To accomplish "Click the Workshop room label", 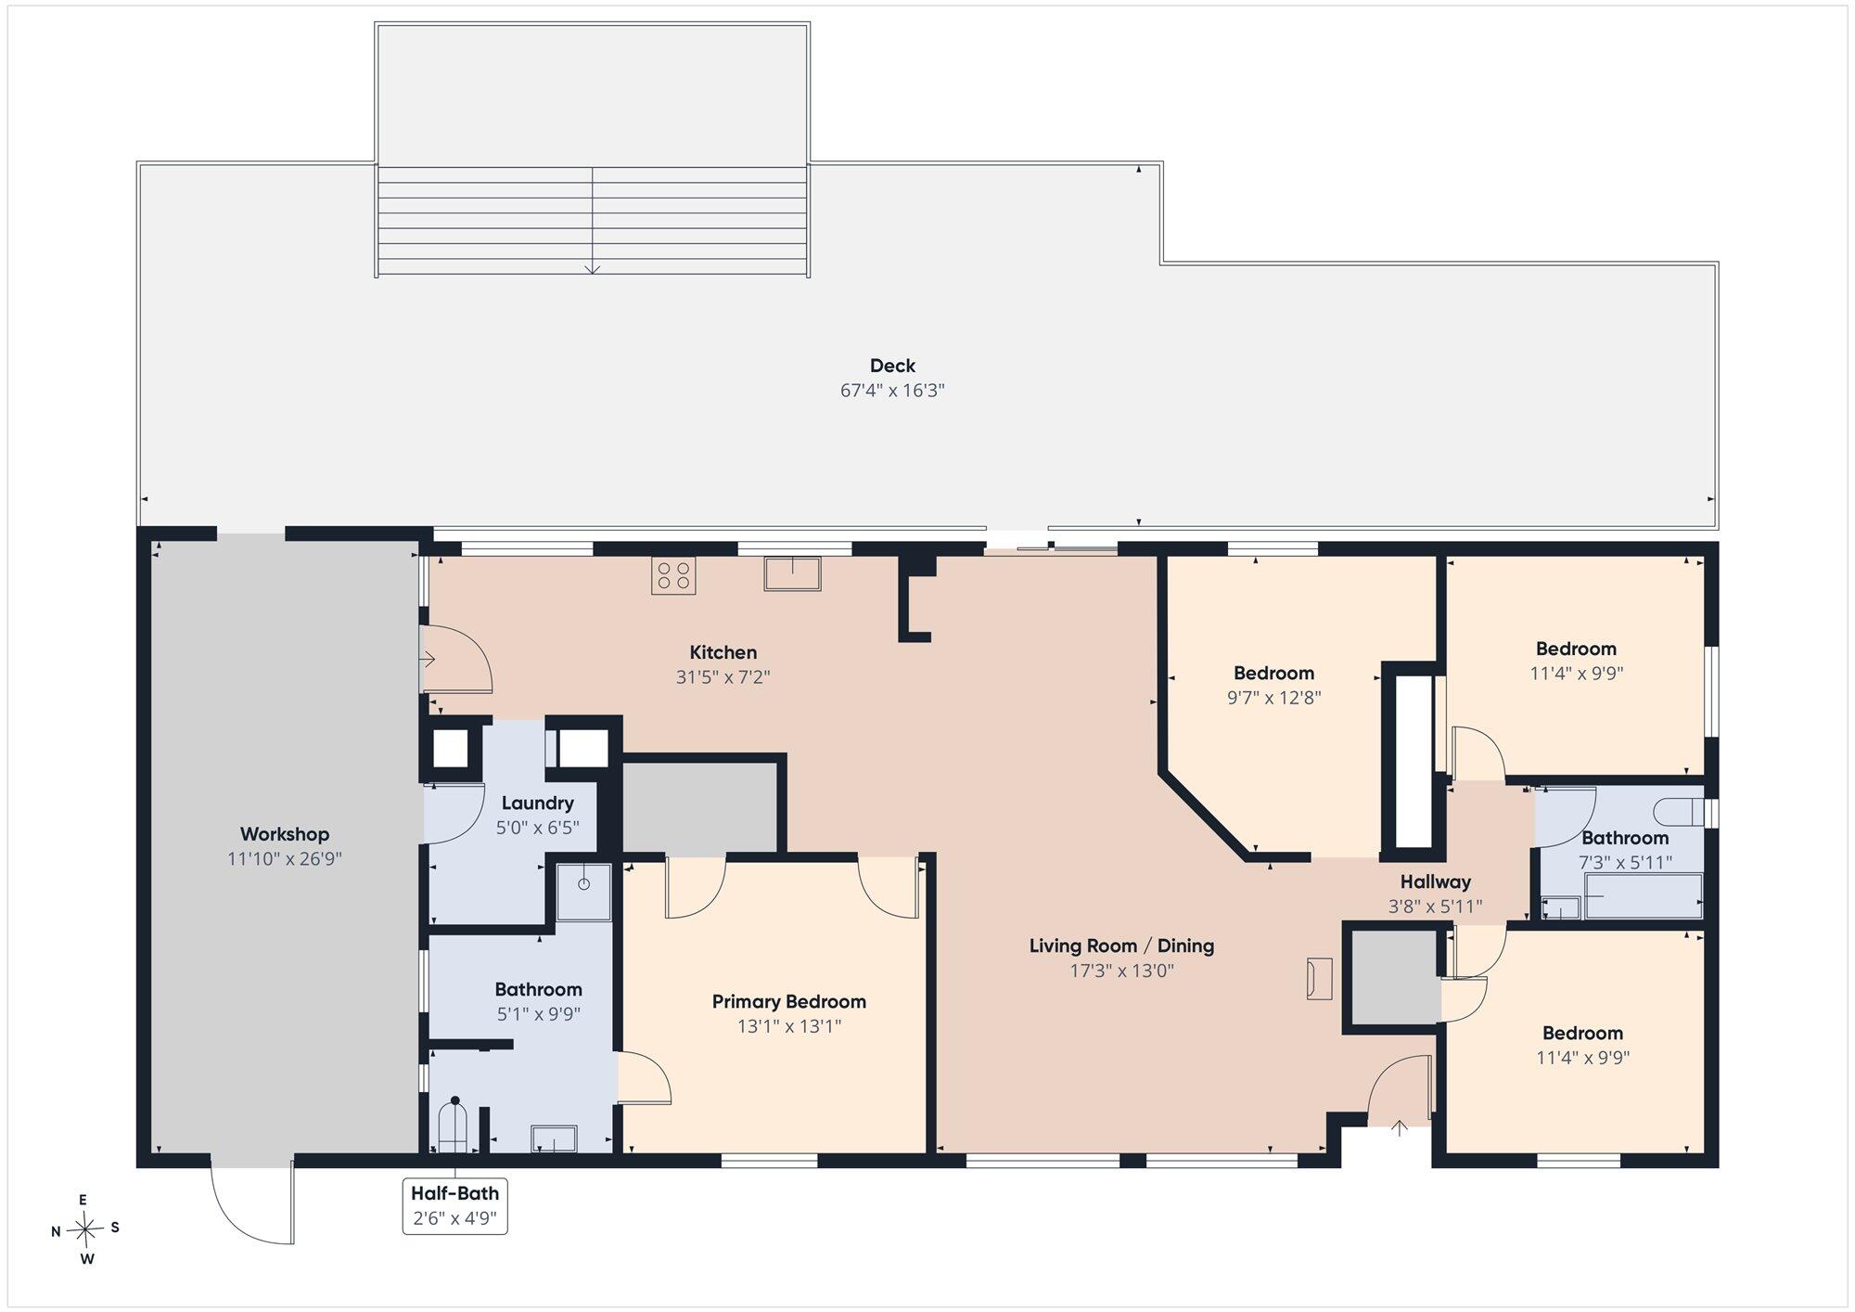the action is (x=285, y=834).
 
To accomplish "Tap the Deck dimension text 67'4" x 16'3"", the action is (x=892, y=391).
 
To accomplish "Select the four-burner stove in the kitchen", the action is (x=673, y=575).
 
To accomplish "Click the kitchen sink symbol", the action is (x=793, y=573).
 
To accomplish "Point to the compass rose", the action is (x=85, y=1230).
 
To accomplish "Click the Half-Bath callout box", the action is (x=455, y=1205).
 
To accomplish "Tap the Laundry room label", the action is (x=538, y=803).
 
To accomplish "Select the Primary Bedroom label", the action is (x=789, y=1002).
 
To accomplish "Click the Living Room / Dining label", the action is (x=1121, y=945).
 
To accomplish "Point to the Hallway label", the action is (x=1436, y=881).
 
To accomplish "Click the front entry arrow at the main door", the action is (x=1400, y=1128).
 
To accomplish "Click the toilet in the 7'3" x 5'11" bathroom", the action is (x=1684, y=812).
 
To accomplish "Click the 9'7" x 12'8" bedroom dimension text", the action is (x=1274, y=698).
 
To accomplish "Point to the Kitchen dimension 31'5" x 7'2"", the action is (x=723, y=677).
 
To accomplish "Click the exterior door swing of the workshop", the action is (x=252, y=1203).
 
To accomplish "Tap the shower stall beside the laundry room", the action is (x=583, y=893).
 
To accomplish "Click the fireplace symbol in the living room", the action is (x=1319, y=979).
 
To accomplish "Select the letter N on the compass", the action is (x=56, y=1232).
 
